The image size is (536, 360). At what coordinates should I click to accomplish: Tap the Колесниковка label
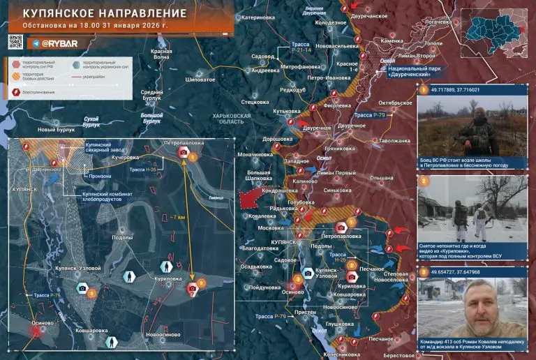(340, 354)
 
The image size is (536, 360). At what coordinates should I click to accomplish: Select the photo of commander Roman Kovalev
(472, 312)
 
